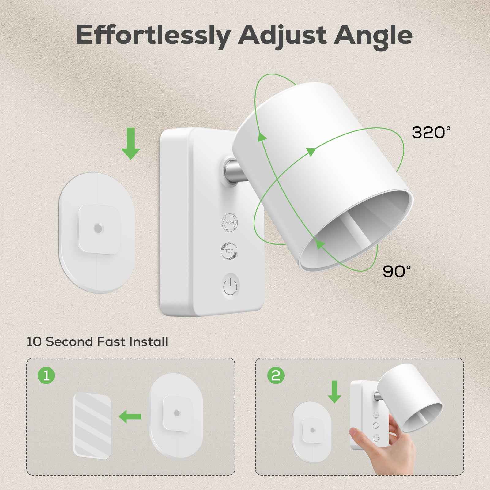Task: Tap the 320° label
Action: click(431, 133)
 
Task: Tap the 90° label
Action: click(397, 271)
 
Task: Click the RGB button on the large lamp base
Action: click(230, 223)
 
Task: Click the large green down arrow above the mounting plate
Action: click(131, 143)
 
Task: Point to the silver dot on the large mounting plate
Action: click(98, 228)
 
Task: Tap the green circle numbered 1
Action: click(46, 375)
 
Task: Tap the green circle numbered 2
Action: click(276, 375)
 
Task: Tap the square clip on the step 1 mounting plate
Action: click(176, 413)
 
